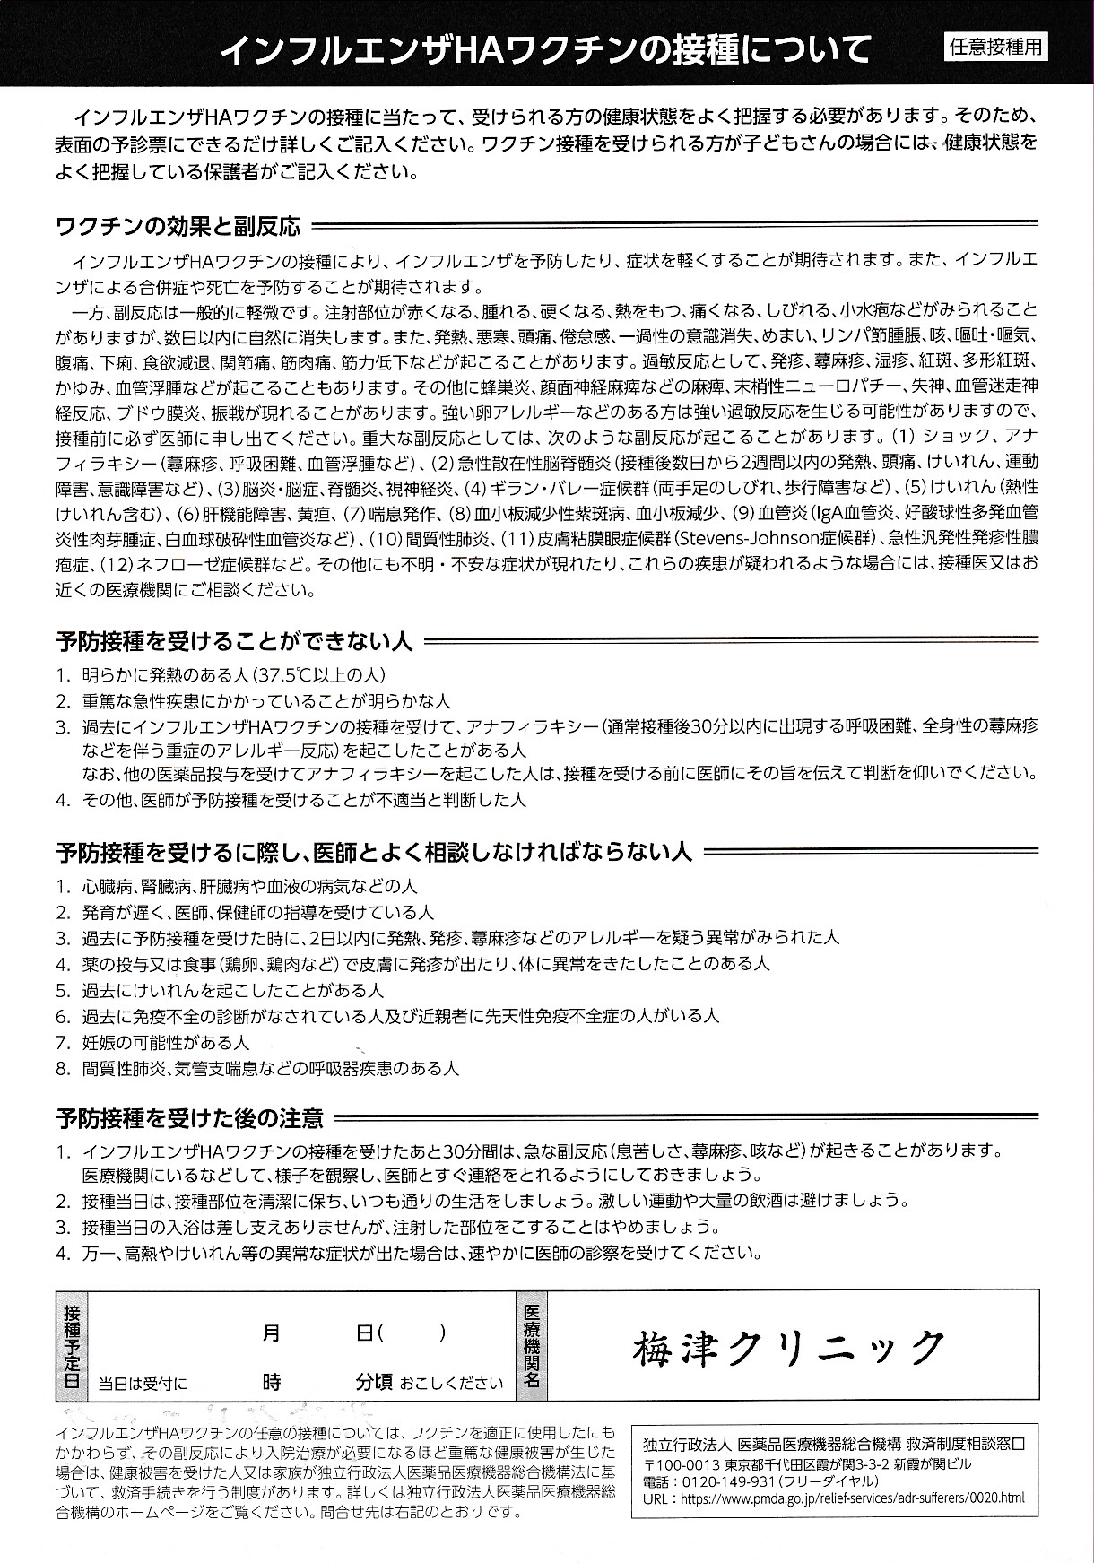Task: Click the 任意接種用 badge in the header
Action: tap(996, 48)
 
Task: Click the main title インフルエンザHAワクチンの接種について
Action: tap(545, 48)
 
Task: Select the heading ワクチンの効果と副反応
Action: tap(178, 225)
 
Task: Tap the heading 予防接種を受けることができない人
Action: tap(234, 641)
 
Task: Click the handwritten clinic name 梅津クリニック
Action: tap(788, 1347)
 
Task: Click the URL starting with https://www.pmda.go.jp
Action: tap(852, 1498)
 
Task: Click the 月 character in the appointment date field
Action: tap(272, 1333)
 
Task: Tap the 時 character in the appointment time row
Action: tap(272, 1382)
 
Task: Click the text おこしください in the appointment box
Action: tap(452, 1383)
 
